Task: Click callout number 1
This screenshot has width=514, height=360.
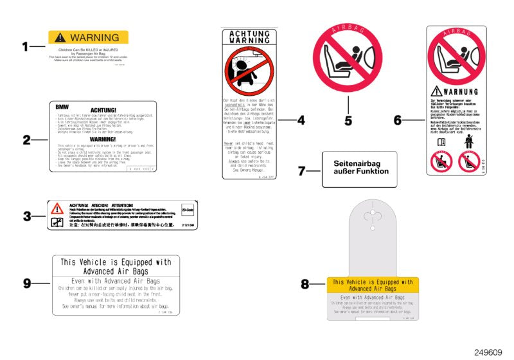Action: pyautogui.click(x=26, y=46)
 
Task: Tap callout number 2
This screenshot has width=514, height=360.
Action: pyautogui.click(x=26, y=139)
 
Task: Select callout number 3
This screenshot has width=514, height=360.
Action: pyautogui.click(x=26, y=217)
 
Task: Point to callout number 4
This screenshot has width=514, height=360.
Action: pyautogui.click(x=301, y=120)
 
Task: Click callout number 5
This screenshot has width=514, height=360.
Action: pyautogui.click(x=348, y=120)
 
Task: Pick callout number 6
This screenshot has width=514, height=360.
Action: pyautogui.click(x=398, y=120)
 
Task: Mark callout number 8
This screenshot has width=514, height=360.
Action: pyautogui.click(x=305, y=283)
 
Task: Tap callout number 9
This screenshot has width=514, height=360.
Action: pyautogui.click(x=26, y=283)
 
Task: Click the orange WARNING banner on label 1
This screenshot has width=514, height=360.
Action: pyautogui.click(x=88, y=37)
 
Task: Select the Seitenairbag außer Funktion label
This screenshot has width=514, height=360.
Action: pyautogui.click(x=360, y=168)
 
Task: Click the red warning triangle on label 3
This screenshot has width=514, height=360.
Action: pyautogui.click(x=57, y=208)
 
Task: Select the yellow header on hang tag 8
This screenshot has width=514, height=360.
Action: pyautogui.click(x=373, y=285)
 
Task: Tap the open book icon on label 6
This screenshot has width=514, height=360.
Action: pyautogui.click(x=441, y=142)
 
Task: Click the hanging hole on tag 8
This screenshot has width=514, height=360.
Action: pyautogui.click(x=373, y=215)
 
